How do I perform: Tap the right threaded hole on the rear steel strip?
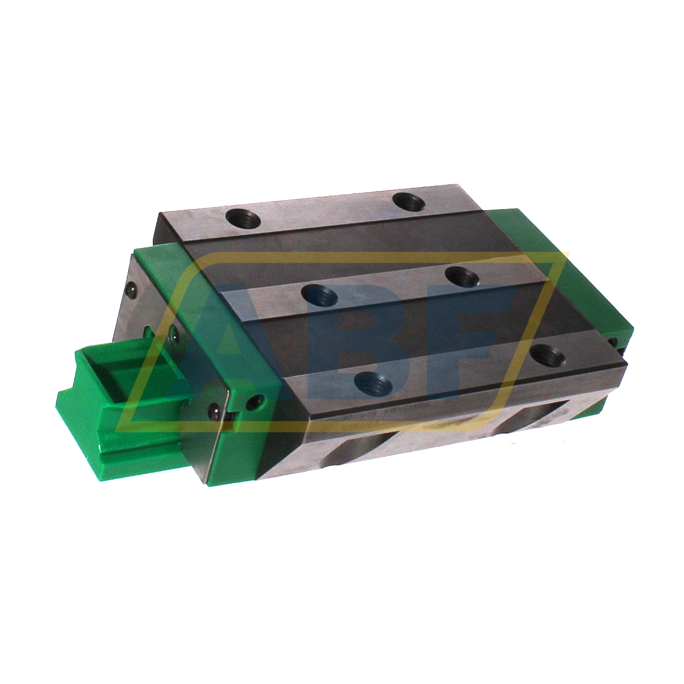[409, 201]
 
